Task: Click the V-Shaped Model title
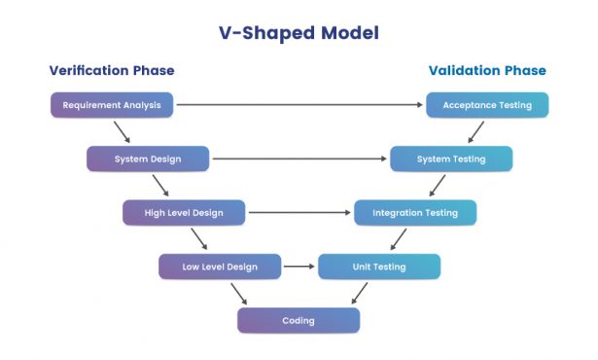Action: tap(299, 32)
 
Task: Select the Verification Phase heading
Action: tap(112, 70)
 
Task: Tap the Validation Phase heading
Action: tap(487, 70)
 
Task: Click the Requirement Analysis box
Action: tap(112, 105)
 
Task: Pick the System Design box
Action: tap(147, 159)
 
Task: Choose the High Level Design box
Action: tap(184, 212)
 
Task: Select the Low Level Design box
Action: tap(220, 266)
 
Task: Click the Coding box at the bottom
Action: tap(299, 320)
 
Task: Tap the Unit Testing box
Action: tap(378, 266)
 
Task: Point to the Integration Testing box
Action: tap(414, 212)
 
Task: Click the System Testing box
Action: tap(450, 159)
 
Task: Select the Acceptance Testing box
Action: tap(487, 105)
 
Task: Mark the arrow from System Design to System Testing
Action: tap(299, 159)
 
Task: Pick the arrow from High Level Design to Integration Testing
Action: tap(299, 212)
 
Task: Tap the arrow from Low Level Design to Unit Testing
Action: tap(299, 266)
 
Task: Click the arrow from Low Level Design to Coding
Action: tap(238, 294)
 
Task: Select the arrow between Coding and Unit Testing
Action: tap(359, 293)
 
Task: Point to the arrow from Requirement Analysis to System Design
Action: tap(122, 131)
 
